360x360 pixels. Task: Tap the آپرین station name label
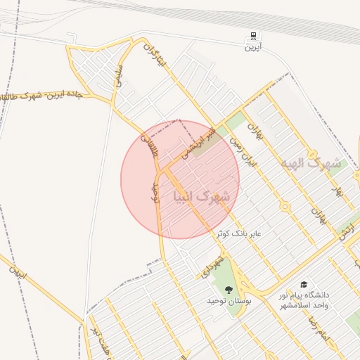tap(252, 48)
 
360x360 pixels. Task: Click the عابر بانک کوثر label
tap(238, 233)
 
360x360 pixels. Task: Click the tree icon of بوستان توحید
tap(228, 289)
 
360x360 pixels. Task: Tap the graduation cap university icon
tap(304, 285)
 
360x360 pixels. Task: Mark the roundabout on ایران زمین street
tap(285, 207)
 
